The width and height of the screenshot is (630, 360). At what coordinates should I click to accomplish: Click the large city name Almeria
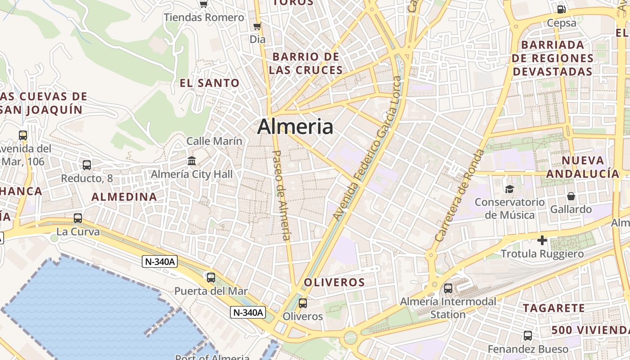[295, 127]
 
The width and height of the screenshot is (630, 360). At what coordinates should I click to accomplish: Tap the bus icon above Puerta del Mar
[211, 277]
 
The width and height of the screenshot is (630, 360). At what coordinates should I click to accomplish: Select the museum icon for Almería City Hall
[192, 161]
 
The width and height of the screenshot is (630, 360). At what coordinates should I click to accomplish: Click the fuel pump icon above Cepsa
[562, 9]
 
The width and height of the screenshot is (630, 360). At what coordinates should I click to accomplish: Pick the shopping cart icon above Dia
[257, 26]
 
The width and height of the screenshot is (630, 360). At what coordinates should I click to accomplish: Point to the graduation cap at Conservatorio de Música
[509, 189]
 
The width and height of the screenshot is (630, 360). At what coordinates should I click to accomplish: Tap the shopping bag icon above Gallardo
[571, 196]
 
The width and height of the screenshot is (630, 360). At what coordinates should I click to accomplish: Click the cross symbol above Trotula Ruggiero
[543, 240]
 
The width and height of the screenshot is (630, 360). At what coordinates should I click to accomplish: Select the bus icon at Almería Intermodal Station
[448, 288]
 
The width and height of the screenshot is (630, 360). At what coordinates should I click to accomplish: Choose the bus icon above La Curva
[78, 218]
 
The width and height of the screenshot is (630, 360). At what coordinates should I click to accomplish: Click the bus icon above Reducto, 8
[87, 165]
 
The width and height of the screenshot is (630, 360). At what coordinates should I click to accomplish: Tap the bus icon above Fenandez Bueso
[528, 336]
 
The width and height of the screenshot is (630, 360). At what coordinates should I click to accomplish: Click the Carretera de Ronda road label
[460, 195]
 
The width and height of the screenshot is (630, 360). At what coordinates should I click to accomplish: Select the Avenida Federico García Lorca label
[367, 148]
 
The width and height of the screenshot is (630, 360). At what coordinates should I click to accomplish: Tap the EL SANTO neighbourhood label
[210, 83]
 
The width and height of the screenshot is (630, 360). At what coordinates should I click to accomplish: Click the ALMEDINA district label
[124, 197]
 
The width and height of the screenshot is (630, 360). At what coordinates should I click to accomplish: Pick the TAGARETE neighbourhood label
[554, 308]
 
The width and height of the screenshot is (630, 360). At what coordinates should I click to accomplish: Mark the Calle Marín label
[214, 141]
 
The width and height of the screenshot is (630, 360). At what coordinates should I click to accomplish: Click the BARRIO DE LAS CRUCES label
[306, 63]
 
